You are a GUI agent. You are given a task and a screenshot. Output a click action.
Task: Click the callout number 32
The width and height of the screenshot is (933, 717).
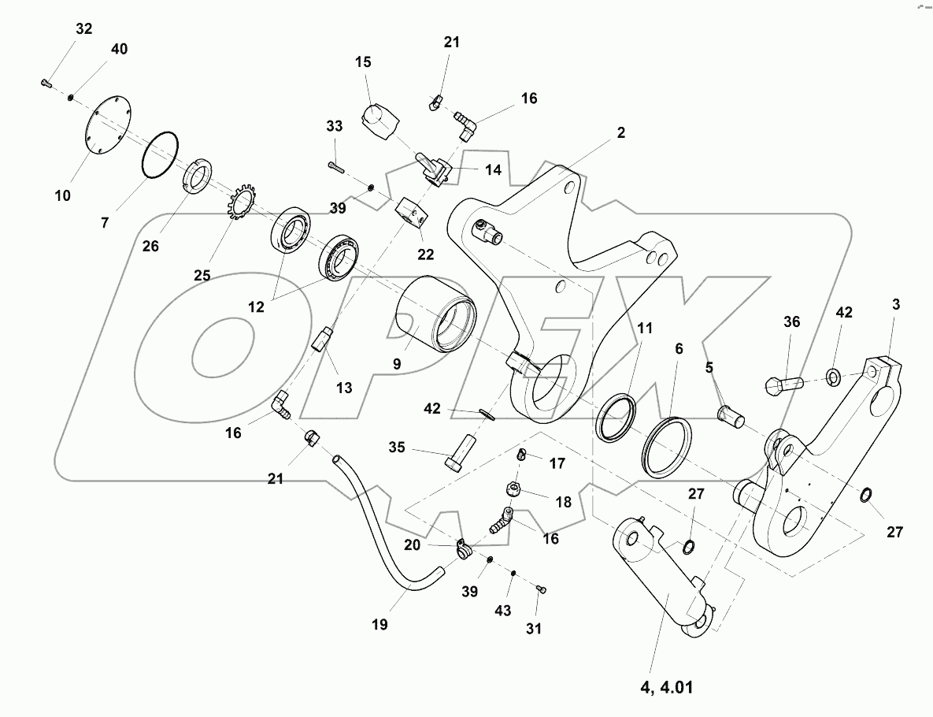coord(83,29)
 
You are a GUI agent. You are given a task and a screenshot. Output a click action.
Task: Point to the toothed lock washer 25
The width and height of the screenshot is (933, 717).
coord(235,205)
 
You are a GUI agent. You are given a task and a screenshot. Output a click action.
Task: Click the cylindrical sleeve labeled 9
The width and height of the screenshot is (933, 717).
coord(435,323)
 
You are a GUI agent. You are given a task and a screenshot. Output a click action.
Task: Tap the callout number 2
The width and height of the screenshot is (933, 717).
coord(620,133)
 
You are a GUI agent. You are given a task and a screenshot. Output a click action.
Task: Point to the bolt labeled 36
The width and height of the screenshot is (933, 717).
coord(782,385)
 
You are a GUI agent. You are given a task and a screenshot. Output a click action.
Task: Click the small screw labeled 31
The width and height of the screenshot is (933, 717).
coord(541,589)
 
